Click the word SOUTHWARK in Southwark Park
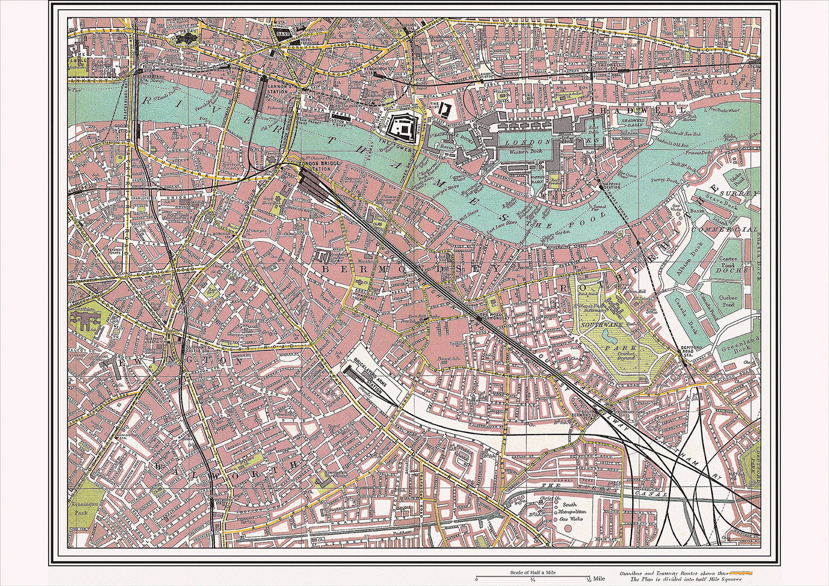tap(600, 325)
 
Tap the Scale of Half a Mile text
tap(534, 573)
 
